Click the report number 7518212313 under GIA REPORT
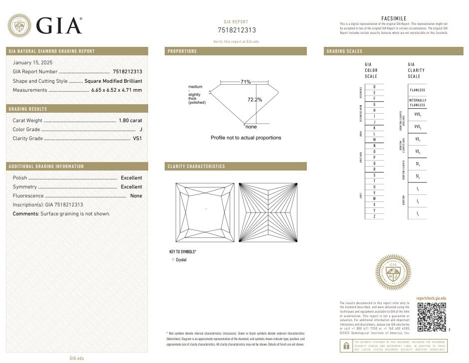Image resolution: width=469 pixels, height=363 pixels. (x=236, y=30)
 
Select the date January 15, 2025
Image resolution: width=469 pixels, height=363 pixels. (x=32, y=63)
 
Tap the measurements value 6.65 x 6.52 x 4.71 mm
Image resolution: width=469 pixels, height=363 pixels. (x=116, y=90)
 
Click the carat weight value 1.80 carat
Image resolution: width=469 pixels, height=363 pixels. (x=130, y=121)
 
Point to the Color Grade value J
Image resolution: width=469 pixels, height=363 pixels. (x=141, y=130)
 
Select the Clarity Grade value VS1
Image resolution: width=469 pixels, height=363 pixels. (x=137, y=139)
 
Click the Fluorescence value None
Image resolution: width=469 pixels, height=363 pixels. (x=136, y=196)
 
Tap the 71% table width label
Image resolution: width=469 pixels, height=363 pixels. (x=245, y=82)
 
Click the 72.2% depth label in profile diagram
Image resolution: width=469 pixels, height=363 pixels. (x=254, y=100)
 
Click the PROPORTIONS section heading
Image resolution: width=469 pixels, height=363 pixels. (x=183, y=51)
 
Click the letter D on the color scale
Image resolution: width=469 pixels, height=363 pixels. (x=374, y=87)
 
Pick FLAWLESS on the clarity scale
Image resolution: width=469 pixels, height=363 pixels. (x=417, y=90)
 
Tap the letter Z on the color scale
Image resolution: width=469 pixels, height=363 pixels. (x=374, y=216)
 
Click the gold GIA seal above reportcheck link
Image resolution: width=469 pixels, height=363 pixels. (x=393, y=272)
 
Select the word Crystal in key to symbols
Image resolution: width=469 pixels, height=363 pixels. (x=181, y=260)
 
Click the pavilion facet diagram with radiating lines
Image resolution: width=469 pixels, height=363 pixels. (x=268, y=213)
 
